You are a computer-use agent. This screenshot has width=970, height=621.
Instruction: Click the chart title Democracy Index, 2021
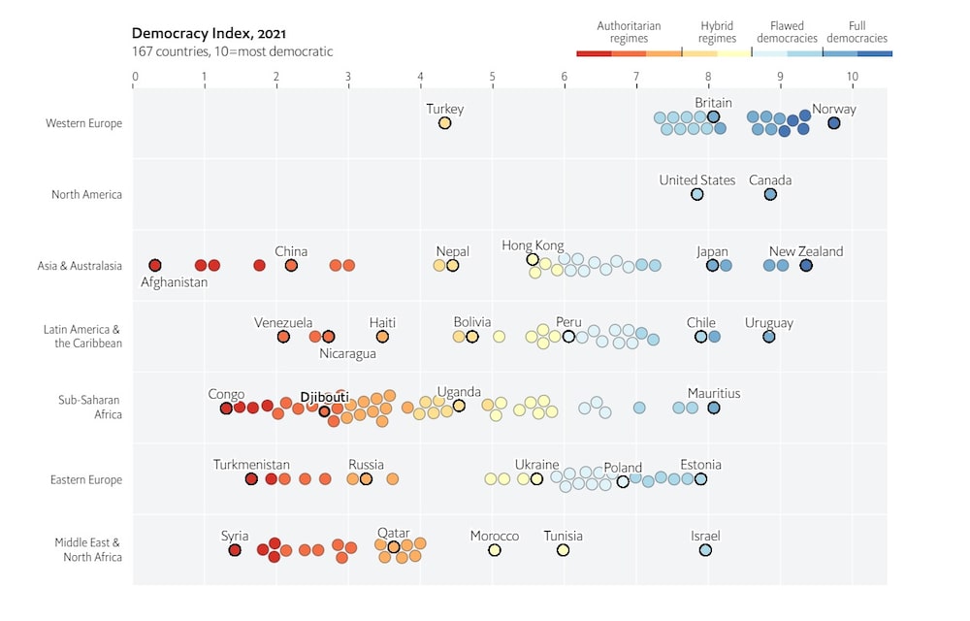pos(209,34)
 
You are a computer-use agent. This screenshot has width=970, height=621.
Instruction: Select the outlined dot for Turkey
pos(444,123)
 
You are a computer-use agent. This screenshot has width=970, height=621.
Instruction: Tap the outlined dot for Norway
pos(833,123)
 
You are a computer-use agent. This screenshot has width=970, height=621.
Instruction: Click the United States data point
pos(696,194)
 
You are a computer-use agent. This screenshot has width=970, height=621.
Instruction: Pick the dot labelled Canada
pos(770,194)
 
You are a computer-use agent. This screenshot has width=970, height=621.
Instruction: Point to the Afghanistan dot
pos(154,265)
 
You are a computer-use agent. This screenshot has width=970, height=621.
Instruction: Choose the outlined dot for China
pos(291,265)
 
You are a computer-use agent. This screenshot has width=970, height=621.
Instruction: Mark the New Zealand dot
pos(806,265)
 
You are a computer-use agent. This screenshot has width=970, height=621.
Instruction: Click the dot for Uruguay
pos(768,337)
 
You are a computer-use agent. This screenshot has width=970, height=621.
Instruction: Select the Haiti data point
pos(382,337)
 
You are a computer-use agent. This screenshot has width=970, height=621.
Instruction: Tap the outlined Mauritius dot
pos(714,408)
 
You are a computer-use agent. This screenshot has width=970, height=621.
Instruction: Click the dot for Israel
pos(705,550)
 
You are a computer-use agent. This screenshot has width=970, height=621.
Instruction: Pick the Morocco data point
pos(494,550)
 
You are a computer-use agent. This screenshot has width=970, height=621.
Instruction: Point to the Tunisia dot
pos(563,550)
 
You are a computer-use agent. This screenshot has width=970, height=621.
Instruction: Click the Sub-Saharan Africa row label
pos(95,408)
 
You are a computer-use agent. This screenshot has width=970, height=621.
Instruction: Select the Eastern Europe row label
pos(86,479)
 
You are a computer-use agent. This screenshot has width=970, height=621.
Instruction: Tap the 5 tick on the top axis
pos(492,76)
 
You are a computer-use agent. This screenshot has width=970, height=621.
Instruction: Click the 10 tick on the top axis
pos(852,76)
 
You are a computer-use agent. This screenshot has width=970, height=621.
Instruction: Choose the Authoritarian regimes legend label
pos(629,32)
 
